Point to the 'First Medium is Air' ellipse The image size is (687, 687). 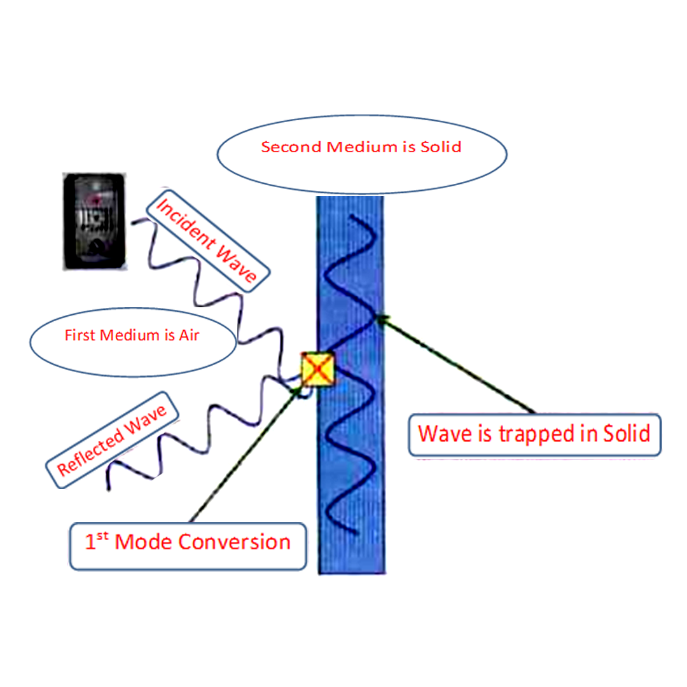[132, 335]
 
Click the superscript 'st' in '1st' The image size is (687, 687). [101, 536]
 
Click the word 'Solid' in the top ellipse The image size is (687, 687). [441, 147]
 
